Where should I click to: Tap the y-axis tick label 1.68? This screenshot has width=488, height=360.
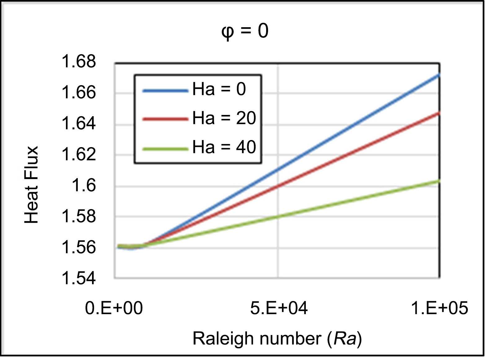coord(79,61)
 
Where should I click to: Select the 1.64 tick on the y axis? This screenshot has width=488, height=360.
coord(79,123)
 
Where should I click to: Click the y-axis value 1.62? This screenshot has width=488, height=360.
coord(79,154)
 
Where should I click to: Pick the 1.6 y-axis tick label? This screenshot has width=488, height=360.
coord(84,186)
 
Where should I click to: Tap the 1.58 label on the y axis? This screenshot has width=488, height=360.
coord(79,216)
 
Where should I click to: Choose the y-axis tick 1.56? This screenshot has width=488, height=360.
coord(79,247)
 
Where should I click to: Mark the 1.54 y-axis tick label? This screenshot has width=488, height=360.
coord(79,278)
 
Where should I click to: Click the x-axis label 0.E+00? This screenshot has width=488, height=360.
coord(114,308)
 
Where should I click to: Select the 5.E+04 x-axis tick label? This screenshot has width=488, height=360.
coord(279,308)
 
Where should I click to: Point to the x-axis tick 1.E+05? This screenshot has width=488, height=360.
coord(439,308)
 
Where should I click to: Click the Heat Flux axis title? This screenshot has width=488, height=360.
coord(32,185)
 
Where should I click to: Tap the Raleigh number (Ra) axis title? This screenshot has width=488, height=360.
coord(277,338)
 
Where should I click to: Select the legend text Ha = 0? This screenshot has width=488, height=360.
coord(219,89)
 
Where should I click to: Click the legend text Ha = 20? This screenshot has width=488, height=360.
coord(224,118)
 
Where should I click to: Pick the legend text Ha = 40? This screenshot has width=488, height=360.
coord(224,147)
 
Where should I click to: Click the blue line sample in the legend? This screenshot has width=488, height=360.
coord(165,91)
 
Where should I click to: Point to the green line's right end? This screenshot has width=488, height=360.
coord(439,181)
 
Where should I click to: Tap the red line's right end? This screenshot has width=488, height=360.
coord(439,113)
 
